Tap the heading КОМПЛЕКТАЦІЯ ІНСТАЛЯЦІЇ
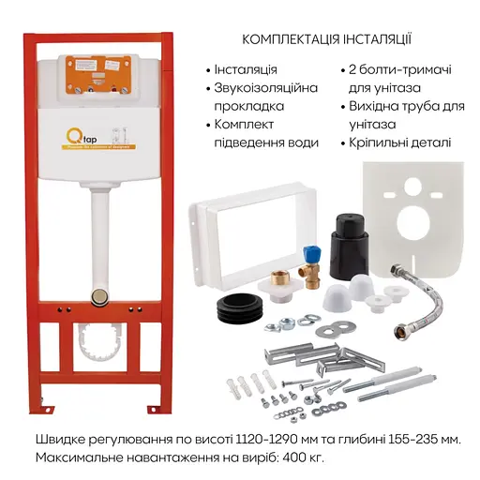(x=325, y=39)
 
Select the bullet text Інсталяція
(x=247, y=70)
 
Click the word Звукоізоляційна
(x=265, y=88)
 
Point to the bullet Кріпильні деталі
(x=403, y=142)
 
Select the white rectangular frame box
(x=235, y=229)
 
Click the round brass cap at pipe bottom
(x=98, y=296)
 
